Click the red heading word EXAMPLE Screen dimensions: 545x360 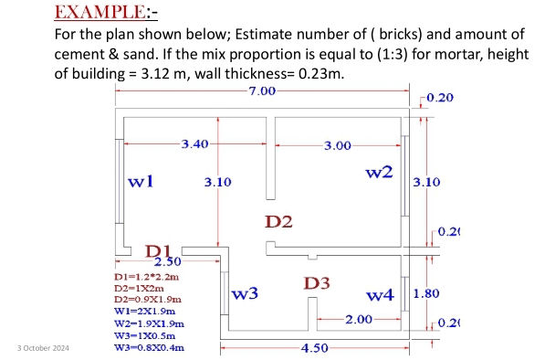coord(92,13)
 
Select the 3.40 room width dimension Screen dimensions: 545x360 coord(196,144)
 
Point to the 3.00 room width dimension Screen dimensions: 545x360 coord(338,145)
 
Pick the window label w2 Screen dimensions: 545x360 coord(379,172)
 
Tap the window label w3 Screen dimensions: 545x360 coord(245,293)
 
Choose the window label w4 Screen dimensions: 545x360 coord(380,294)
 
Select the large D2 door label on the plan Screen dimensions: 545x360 coord(278,221)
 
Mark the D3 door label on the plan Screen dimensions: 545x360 coord(316,283)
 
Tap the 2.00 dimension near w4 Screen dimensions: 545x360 coord(359,319)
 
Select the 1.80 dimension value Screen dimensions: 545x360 coord(426,294)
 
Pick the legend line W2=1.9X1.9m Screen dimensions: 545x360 coord(149,323)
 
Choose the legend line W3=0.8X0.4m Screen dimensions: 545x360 coord(149,347)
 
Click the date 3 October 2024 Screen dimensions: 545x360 coord(43,348)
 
